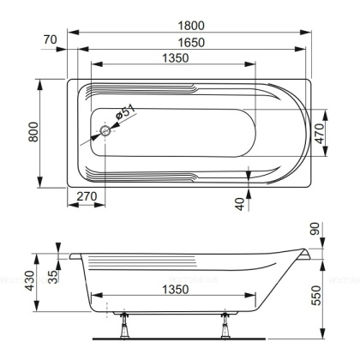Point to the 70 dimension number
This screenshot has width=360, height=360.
click(52, 39)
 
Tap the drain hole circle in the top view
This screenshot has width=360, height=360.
click(106, 132)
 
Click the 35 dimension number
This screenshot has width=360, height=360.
click(53, 275)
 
